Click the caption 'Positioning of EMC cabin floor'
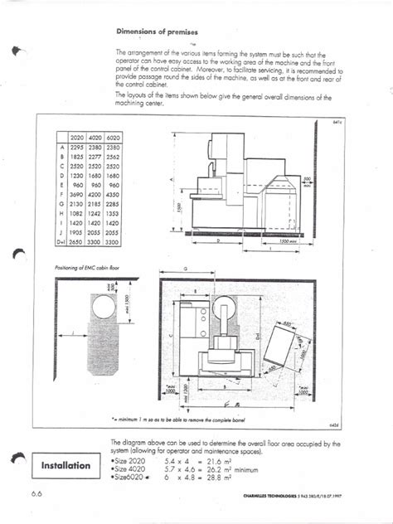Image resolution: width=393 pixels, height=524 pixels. (85, 268)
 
